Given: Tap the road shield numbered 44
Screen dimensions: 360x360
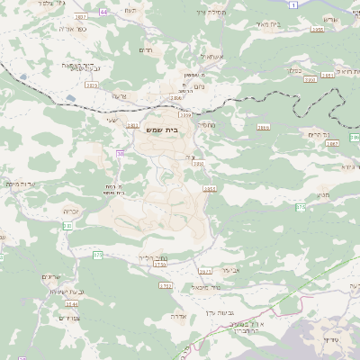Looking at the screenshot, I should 103,12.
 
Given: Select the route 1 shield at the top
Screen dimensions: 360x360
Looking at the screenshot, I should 293,5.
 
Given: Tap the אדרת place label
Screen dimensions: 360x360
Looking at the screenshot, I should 178,317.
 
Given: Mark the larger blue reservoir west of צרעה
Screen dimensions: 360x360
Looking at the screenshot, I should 70,97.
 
